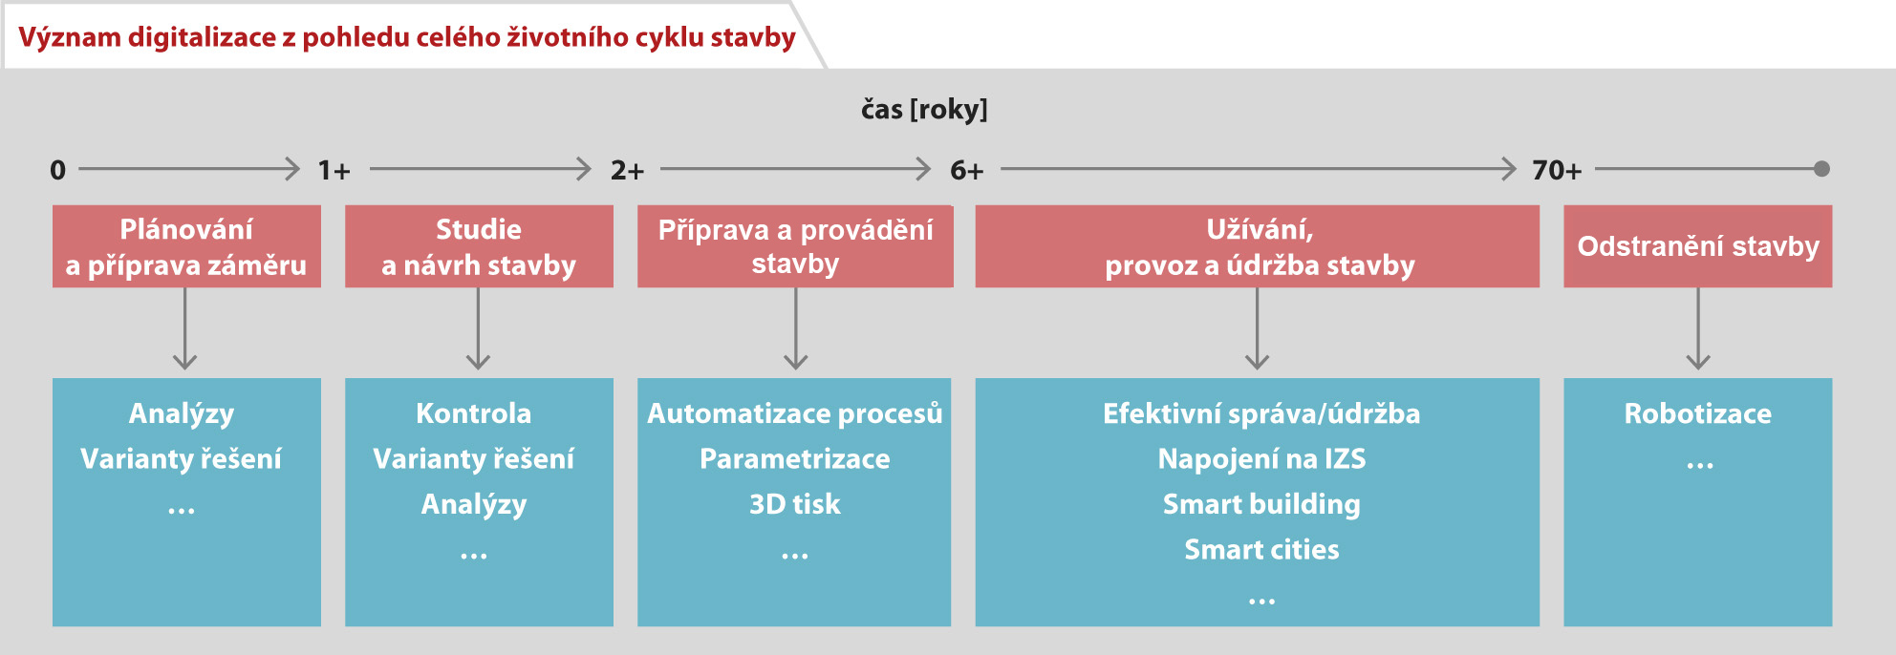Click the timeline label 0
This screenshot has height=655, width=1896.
click(57, 170)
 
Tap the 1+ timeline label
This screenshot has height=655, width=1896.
click(334, 170)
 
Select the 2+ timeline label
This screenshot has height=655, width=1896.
click(627, 170)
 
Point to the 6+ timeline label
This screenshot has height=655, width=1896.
click(966, 170)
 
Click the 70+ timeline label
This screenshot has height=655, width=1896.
click(1557, 170)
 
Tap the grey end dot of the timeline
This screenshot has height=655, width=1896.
click(1821, 169)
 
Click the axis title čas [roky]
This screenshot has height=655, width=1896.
click(924, 110)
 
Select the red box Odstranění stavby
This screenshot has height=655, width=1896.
click(1697, 246)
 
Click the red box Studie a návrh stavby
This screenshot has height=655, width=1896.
click(479, 246)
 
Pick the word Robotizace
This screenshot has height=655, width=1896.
click(1697, 413)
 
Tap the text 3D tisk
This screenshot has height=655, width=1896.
click(794, 504)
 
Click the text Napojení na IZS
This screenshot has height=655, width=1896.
click(1261, 459)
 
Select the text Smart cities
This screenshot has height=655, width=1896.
click(1261, 550)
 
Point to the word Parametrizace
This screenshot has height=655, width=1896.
click(794, 459)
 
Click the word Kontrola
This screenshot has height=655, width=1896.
click(473, 413)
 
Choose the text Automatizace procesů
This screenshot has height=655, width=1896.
click(794, 413)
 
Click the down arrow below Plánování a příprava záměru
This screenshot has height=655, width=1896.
click(185, 328)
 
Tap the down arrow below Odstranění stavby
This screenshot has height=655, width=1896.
click(1698, 328)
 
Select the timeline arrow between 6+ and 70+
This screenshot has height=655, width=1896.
click(1259, 169)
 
